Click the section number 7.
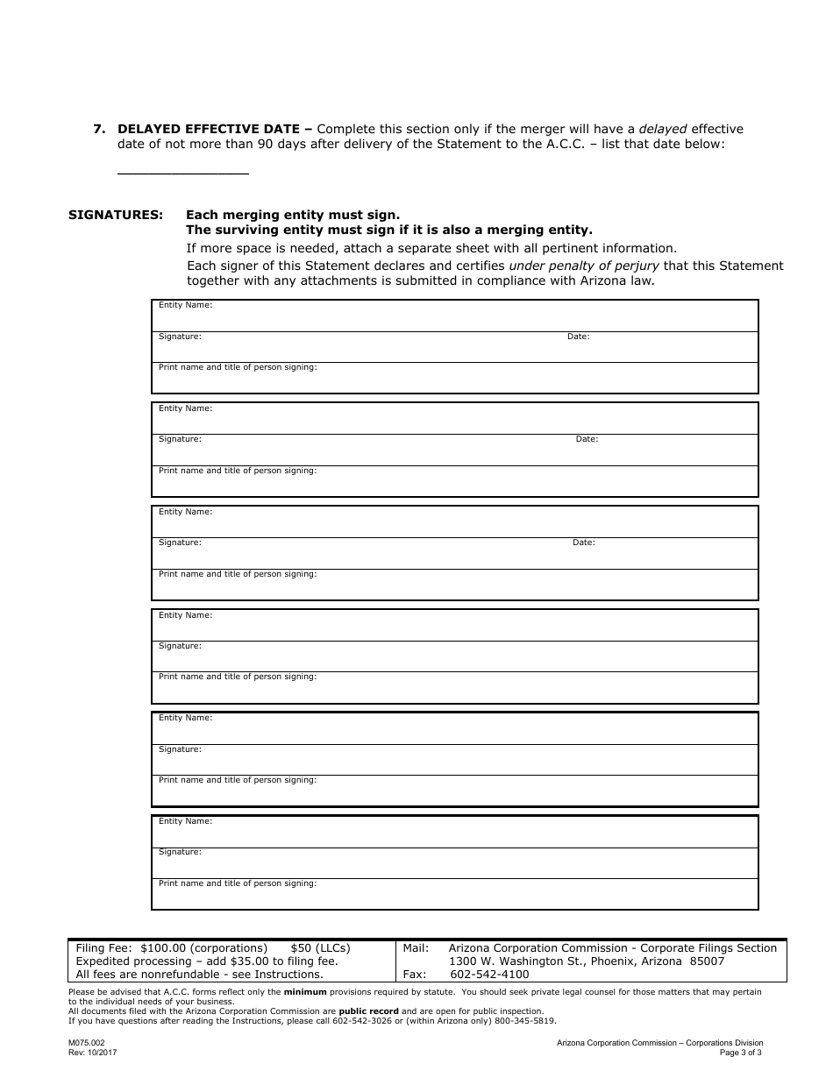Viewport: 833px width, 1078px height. [x=100, y=129]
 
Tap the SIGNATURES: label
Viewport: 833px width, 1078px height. [x=116, y=215]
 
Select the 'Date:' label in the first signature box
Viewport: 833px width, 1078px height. [x=578, y=337]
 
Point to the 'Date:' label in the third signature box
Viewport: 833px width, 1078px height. [x=583, y=543]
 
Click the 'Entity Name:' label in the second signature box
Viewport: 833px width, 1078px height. [x=185, y=408]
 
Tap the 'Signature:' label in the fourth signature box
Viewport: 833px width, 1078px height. [x=180, y=646]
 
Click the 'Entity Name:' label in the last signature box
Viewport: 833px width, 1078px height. [x=185, y=821]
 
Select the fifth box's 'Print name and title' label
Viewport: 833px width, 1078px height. [x=238, y=780]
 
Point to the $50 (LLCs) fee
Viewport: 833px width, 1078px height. [x=320, y=948]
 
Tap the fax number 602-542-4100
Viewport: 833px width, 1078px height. [x=489, y=975]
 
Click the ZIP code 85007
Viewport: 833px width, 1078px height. [x=707, y=961]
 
